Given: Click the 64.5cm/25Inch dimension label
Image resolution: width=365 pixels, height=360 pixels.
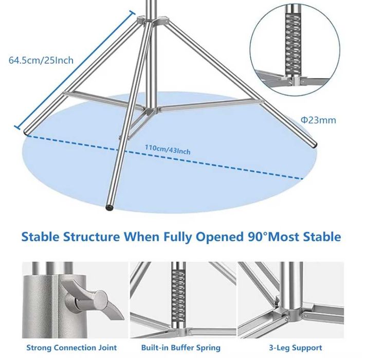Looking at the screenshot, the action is coord(41,60).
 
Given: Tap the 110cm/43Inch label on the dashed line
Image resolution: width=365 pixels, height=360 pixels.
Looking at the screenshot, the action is coord(168,150).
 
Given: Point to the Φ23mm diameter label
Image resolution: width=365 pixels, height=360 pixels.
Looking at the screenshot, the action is coord(318,120).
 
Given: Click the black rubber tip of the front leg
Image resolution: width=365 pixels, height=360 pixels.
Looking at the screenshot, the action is coord(109,207).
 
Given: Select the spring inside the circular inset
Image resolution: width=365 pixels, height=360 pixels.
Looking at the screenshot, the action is coord(293,44).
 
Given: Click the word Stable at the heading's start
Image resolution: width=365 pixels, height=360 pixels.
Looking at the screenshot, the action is coord(40,237).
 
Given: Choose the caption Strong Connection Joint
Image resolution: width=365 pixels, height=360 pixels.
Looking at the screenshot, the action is coord(71,348).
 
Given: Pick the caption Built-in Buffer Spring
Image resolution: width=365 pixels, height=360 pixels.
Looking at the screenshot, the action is coord(181,348).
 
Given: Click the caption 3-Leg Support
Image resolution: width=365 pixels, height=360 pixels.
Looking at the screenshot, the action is coord(296,348).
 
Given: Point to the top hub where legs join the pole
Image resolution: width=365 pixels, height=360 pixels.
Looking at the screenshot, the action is coord(153,20).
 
